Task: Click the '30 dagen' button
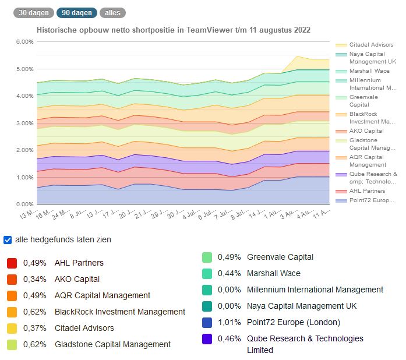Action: pyautogui.click(x=33, y=12)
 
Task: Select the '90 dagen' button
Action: pyautogui.click(x=76, y=12)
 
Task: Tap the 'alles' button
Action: pyautogui.click(x=112, y=12)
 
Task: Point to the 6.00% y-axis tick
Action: pyautogui.click(x=24, y=42)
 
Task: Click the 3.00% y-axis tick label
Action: pyautogui.click(x=24, y=123)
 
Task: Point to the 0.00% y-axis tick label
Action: pyautogui.click(x=24, y=204)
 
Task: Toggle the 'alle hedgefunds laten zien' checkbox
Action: pyautogui.click(x=8, y=239)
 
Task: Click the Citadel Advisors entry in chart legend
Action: pyautogui.click(x=371, y=45)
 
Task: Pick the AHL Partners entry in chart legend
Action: pyautogui.click(x=367, y=191)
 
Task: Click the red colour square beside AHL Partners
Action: pyautogui.click(x=12, y=263)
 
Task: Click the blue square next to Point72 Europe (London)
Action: pyautogui.click(x=206, y=322)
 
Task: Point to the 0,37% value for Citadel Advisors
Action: pyautogui.click(x=34, y=328)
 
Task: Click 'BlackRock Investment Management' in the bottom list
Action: pyautogui.click(x=120, y=312)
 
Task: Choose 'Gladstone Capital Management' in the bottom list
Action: pyautogui.click(x=112, y=344)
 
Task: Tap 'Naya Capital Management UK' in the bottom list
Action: pyautogui.click(x=302, y=306)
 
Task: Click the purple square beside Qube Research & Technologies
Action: pyautogui.click(x=206, y=338)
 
